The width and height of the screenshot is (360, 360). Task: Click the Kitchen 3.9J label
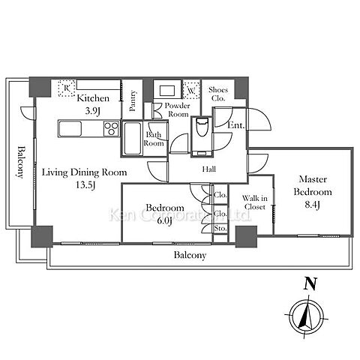(93, 104)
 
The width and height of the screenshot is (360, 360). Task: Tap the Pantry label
(133, 100)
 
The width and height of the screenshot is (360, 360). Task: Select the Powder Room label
(178, 109)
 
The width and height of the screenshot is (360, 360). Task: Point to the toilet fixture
(202, 127)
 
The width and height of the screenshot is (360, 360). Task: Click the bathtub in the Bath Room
(132, 138)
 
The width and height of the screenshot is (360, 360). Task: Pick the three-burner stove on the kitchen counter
(111, 128)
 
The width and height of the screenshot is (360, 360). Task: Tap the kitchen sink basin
(70, 129)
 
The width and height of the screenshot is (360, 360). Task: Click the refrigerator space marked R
(67, 88)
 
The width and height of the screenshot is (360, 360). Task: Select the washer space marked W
(191, 90)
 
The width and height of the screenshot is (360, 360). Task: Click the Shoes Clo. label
(218, 94)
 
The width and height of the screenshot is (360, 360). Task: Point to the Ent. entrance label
(235, 125)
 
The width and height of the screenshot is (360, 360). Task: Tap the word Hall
(208, 169)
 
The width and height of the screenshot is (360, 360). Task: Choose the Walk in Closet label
(255, 202)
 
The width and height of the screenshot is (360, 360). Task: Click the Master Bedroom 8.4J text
(313, 192)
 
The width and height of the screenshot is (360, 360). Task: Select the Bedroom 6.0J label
(165, 214)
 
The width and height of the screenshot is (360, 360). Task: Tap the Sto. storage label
(220, 228)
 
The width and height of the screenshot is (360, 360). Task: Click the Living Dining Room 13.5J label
(84, 178)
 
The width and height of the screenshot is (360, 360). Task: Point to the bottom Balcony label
(190, 256)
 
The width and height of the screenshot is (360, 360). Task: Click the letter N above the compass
(310, 283)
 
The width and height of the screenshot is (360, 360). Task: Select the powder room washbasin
(167, 90)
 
